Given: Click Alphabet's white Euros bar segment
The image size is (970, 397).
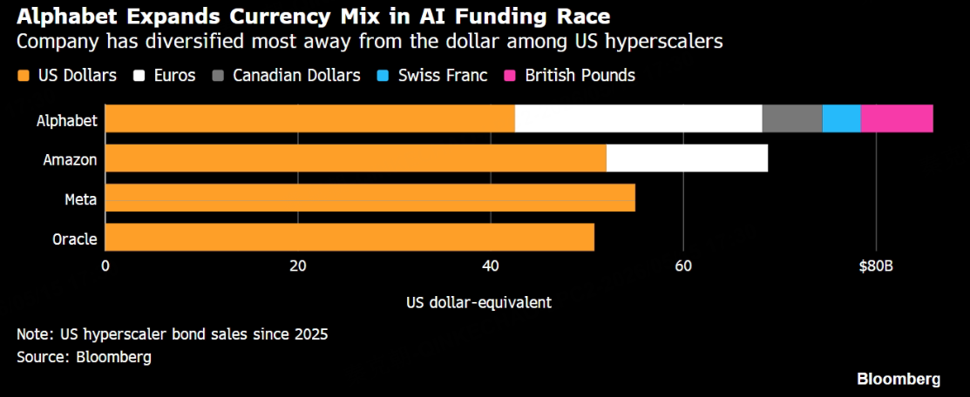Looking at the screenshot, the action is pyautogui.click(x=639, y=118).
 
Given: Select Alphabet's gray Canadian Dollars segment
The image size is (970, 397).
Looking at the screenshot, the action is pyautogui.click(x=792, y=118).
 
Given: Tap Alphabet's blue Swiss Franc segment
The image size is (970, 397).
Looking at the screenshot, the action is pyautogui.click(x=841, y=118).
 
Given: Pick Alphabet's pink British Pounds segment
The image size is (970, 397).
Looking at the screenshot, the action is pyautogui.click(x=897, y=118).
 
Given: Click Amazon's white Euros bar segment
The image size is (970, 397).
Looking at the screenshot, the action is pyautogui.click(x=687, y=158).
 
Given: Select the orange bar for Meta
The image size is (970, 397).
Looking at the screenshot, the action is pyautogui.click(x=370, y=198).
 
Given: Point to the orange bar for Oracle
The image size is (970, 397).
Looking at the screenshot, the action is pyautogui.click(x=349, y=238).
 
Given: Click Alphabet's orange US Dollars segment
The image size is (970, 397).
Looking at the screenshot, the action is pyautogui.click(x=310, y=118).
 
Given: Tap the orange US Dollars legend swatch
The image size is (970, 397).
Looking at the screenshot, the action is pyautogui.click(x=24, y=76).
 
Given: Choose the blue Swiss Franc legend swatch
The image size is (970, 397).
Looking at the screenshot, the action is pyautogui.click(x=383, y=76).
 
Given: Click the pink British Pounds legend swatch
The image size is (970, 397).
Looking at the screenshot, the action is pyautogui.click(x=511, y=76).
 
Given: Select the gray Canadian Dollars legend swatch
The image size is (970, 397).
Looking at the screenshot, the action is pyautogui.click(x=218, y=76).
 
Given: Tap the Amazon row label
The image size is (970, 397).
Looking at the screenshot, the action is pyautogui.click(x=70, y=159).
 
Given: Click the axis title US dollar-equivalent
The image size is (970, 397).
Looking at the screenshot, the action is pyautogui.click(x=479, y=303).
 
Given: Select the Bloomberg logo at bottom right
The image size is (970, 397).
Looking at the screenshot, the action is pyautogui.click(x=899, y=379).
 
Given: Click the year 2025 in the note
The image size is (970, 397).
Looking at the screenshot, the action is pyautogui.click(x=311, y=334).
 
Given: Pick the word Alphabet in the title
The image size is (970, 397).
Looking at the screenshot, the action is pyautogui.click(x=57, y=16).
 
